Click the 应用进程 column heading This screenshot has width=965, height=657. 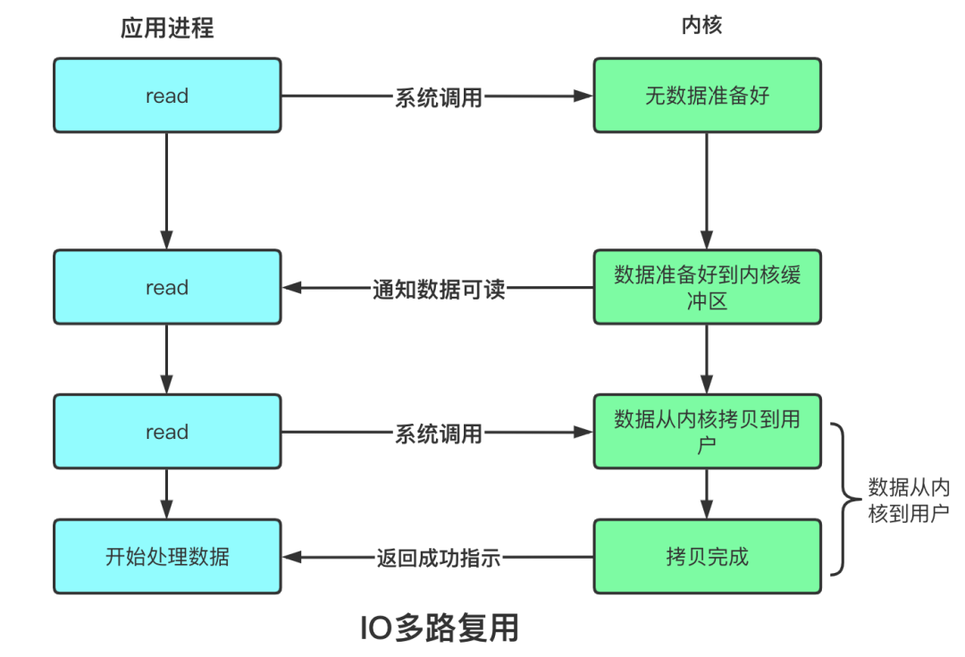coord(167,28)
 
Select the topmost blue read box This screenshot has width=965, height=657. coord(167,96)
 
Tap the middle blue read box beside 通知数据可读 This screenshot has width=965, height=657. coord(167,288)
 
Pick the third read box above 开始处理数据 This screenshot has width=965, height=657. coord(167,433)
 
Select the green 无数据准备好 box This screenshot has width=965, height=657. coord(707,96)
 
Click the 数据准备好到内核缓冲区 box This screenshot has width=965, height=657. coord(707,287)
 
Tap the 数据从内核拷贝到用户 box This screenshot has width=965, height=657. coord(707,432)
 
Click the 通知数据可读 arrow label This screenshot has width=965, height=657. coord(439,290)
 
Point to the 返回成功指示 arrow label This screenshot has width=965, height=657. coord(439,560)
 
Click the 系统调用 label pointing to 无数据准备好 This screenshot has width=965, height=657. coord(439,97)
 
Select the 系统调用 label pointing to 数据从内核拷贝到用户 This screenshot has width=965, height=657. coord(439,434)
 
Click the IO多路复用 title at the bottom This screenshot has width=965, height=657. coord(439,628)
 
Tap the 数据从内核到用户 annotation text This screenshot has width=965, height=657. coord(908,501)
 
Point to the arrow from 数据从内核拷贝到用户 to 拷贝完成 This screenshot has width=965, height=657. coord(707,493)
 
